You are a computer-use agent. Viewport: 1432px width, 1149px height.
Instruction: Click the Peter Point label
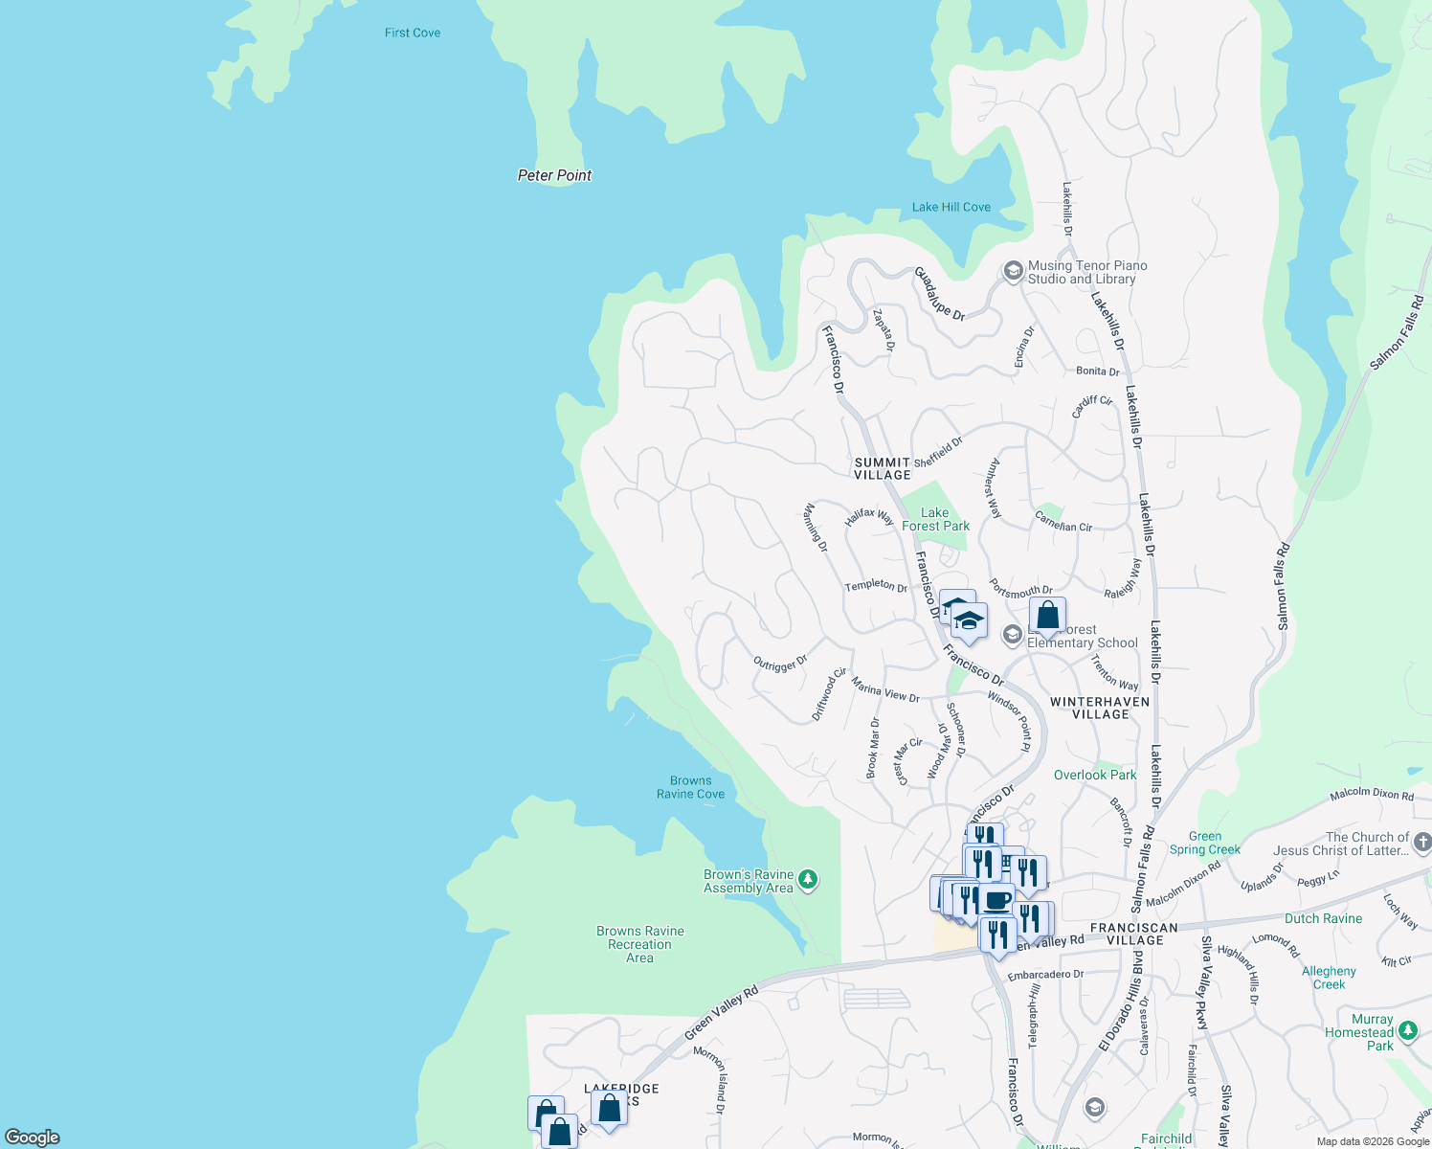(554, 175)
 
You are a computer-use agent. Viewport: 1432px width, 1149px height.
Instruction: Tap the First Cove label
(413, 33)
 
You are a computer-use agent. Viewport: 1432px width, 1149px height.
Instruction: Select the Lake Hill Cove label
(951, 207)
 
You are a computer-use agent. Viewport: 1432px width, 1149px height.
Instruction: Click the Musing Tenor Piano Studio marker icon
(1012, 272)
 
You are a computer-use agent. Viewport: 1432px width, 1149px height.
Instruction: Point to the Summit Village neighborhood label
(882, 468)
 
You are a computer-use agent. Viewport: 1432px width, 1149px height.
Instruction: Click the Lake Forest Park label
(935, 519)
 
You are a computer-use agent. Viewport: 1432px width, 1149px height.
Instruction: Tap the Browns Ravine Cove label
(690, 787)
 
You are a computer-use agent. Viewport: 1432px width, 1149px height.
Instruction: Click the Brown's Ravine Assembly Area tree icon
(808, 879)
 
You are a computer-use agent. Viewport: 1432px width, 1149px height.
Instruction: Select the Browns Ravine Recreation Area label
(639, 944)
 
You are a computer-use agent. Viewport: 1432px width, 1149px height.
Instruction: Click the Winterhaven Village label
(1100, 708)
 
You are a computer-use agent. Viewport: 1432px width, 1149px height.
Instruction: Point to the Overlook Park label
(1095, 775)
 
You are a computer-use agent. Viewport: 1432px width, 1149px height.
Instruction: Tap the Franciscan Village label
(1134, 934)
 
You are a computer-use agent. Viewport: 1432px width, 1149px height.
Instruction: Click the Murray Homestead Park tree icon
(1407, 1031)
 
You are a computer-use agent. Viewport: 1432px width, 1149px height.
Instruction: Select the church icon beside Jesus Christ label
(1421, 843)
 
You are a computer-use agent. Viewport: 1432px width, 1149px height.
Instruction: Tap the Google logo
(33, 1138)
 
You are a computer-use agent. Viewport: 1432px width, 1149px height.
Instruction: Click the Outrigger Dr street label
(780, 663)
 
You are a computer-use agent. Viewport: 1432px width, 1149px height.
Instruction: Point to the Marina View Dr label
(885, 690)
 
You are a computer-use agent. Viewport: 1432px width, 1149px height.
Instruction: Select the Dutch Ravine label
(1323, 918)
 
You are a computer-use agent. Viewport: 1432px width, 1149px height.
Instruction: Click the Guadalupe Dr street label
(939, 293)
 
